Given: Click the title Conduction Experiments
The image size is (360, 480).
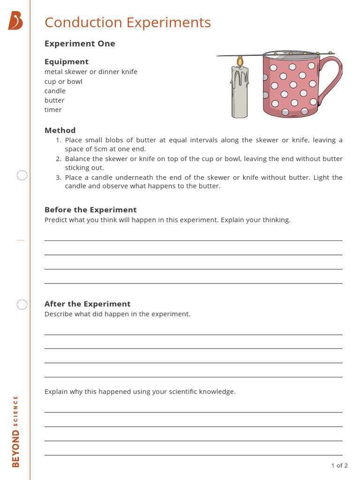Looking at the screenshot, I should pos(127,22).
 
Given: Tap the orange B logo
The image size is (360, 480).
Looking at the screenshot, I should pos(15,21).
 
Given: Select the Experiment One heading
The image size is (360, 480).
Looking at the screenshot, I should pos(80,44).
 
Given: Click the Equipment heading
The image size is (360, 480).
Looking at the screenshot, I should pos(67,61).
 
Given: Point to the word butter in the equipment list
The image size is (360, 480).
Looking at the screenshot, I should pos(54,100).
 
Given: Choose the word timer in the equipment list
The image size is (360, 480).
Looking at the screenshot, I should pos(53,110).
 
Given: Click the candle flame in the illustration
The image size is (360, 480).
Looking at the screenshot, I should pos(240,61).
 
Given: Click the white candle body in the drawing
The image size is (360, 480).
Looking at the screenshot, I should pos(240,94).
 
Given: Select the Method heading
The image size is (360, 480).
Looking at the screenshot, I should pos(60,130).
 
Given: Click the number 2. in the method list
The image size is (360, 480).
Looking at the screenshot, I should pos(59,159).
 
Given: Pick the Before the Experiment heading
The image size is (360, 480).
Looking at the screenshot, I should pos(90,210).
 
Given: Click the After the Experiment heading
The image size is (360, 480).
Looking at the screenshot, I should pos(87,304).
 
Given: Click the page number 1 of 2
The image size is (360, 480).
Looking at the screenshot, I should pos(339,465).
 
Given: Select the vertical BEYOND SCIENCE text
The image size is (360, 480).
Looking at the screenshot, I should pos(16,431).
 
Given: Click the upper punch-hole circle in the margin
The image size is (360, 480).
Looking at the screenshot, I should pos(22,176).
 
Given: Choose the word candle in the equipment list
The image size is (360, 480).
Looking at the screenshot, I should pos(55,91).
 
